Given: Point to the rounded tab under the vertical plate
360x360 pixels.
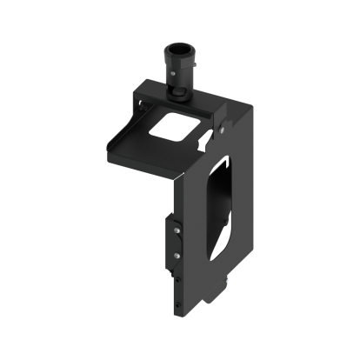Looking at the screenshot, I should coord(217,297).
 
